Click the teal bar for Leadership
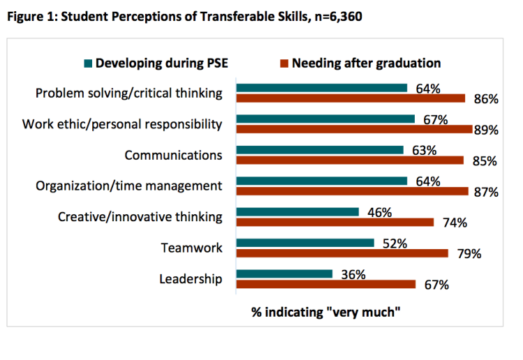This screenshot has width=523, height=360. coord(284,274)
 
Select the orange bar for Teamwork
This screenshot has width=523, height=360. coord(342,253)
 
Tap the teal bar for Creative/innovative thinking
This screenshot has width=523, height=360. coord(297,211)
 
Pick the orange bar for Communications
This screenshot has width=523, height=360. coord(350,160)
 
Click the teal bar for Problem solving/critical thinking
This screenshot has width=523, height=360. coord(321,88)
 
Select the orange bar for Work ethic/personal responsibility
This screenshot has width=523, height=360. coord(354,129)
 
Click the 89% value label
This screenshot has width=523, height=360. coord(487,130)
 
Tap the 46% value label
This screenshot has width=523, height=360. coord(380,212)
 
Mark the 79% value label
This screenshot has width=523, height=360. coord(469,254)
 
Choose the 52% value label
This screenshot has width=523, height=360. coord(395,243)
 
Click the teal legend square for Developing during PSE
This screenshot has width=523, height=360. coord(88,63)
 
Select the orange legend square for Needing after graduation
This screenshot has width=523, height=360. coord(284,63)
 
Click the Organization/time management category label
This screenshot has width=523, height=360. coord(129,186)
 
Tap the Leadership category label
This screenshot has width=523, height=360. coord(191,279)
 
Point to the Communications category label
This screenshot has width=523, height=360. coord(173,155)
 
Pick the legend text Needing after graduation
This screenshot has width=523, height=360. coord(366,63)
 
